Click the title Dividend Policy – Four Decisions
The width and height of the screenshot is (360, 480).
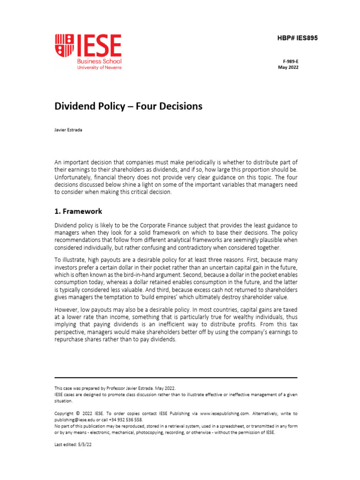coord(128,106)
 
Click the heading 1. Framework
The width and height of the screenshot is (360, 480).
coord(78,211)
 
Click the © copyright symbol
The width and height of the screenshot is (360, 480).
coord(77,414)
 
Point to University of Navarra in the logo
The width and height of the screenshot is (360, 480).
coord(100,68)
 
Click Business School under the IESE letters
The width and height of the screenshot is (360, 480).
coord(100,61)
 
